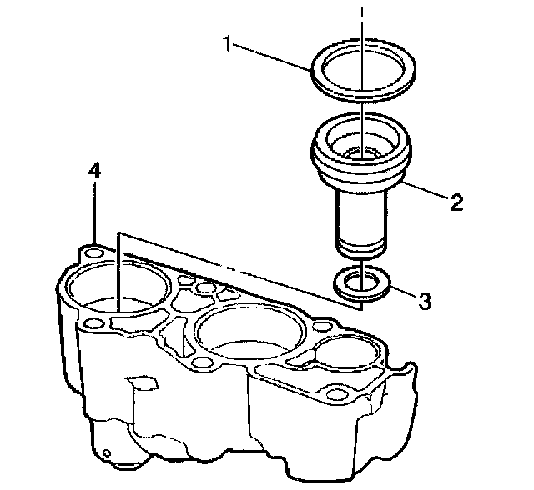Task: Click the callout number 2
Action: coord(456,202)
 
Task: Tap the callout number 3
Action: coord(425,302)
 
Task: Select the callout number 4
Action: coord(95,171)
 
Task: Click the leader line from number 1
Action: coord(271,56)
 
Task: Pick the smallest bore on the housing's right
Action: coord(341,353)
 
